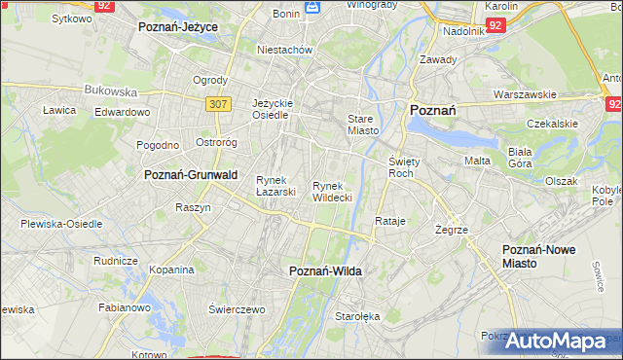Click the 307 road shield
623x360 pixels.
(217, 102)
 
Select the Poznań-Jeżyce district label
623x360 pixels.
(178, 27)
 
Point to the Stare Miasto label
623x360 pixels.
(362, 125)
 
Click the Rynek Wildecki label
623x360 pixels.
(332, 191)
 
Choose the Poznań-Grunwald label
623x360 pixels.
(191, 175)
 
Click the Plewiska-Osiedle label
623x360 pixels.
(61, 224)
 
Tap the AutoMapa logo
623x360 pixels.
(556, 342)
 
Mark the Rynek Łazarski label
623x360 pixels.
(275, 185)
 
